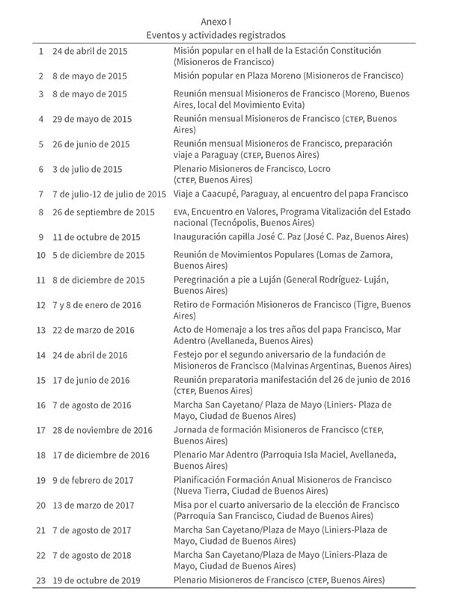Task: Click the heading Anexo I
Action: (216, 22)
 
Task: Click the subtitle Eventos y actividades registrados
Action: (216, 34)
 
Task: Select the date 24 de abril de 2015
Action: (90, 51)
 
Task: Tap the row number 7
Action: (41, 194)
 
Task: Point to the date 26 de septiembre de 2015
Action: (103, 212)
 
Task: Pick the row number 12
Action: (41, 305)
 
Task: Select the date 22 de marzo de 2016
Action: (94, 330)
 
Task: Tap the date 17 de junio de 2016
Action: (91, 380)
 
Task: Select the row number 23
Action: (41, 580)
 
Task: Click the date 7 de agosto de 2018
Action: (91, 556)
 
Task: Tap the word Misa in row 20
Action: (183, 504)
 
